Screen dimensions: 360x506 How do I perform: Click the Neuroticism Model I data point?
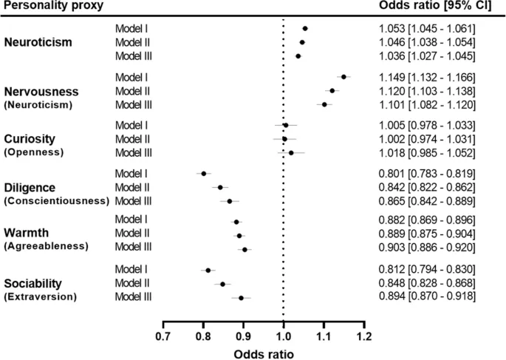305,28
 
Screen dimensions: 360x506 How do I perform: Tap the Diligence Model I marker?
204,173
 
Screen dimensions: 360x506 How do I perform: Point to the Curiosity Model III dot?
291,152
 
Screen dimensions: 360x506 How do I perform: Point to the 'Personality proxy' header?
52,6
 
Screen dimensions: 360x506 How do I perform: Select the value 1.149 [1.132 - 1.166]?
423,76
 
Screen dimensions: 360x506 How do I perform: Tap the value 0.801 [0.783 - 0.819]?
423,173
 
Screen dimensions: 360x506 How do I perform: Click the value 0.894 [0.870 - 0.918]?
423,297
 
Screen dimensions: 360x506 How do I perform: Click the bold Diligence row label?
31,186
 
